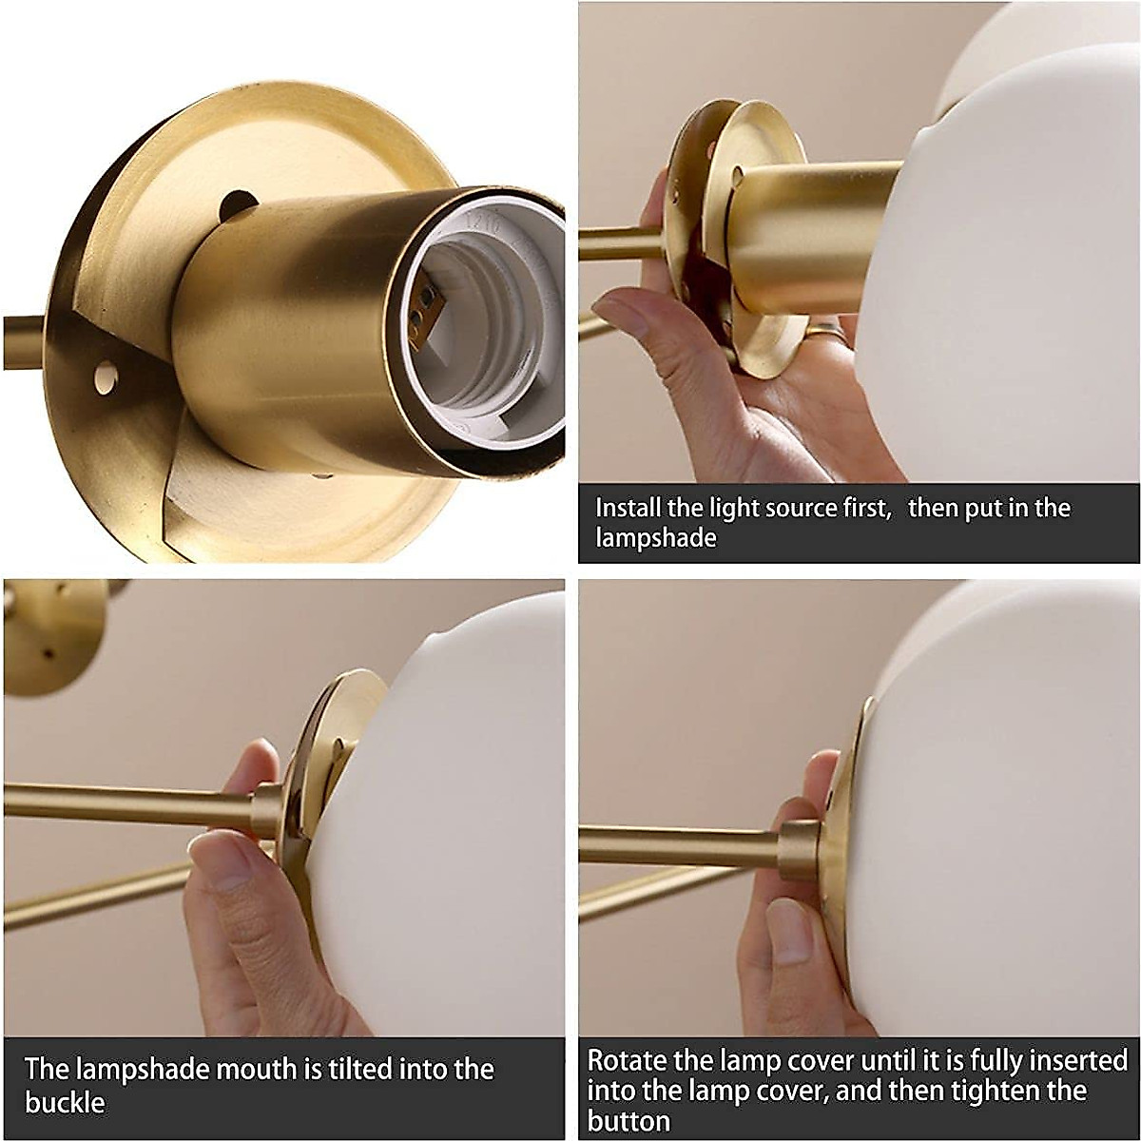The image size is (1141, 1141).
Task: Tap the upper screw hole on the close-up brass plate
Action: pyautogui.click(x=237, y=203)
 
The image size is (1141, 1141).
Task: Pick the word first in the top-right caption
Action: pyautogui.click(x=860, y=508)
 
